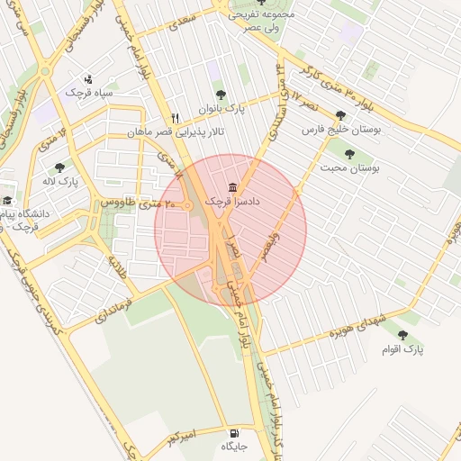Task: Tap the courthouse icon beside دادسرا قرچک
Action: tap(233, 187)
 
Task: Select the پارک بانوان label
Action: tap(223, 109)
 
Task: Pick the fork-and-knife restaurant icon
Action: tap(175, 117)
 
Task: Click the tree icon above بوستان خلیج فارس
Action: tap(339, 115)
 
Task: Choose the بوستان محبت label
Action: tap(349, 168)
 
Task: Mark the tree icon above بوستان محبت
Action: tap(348, 153)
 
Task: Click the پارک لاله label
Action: tap(60, 182)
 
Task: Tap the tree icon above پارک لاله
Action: tap(60, 167)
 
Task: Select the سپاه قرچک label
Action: tap(87, 92)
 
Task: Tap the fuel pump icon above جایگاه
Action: tap(235, 431)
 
